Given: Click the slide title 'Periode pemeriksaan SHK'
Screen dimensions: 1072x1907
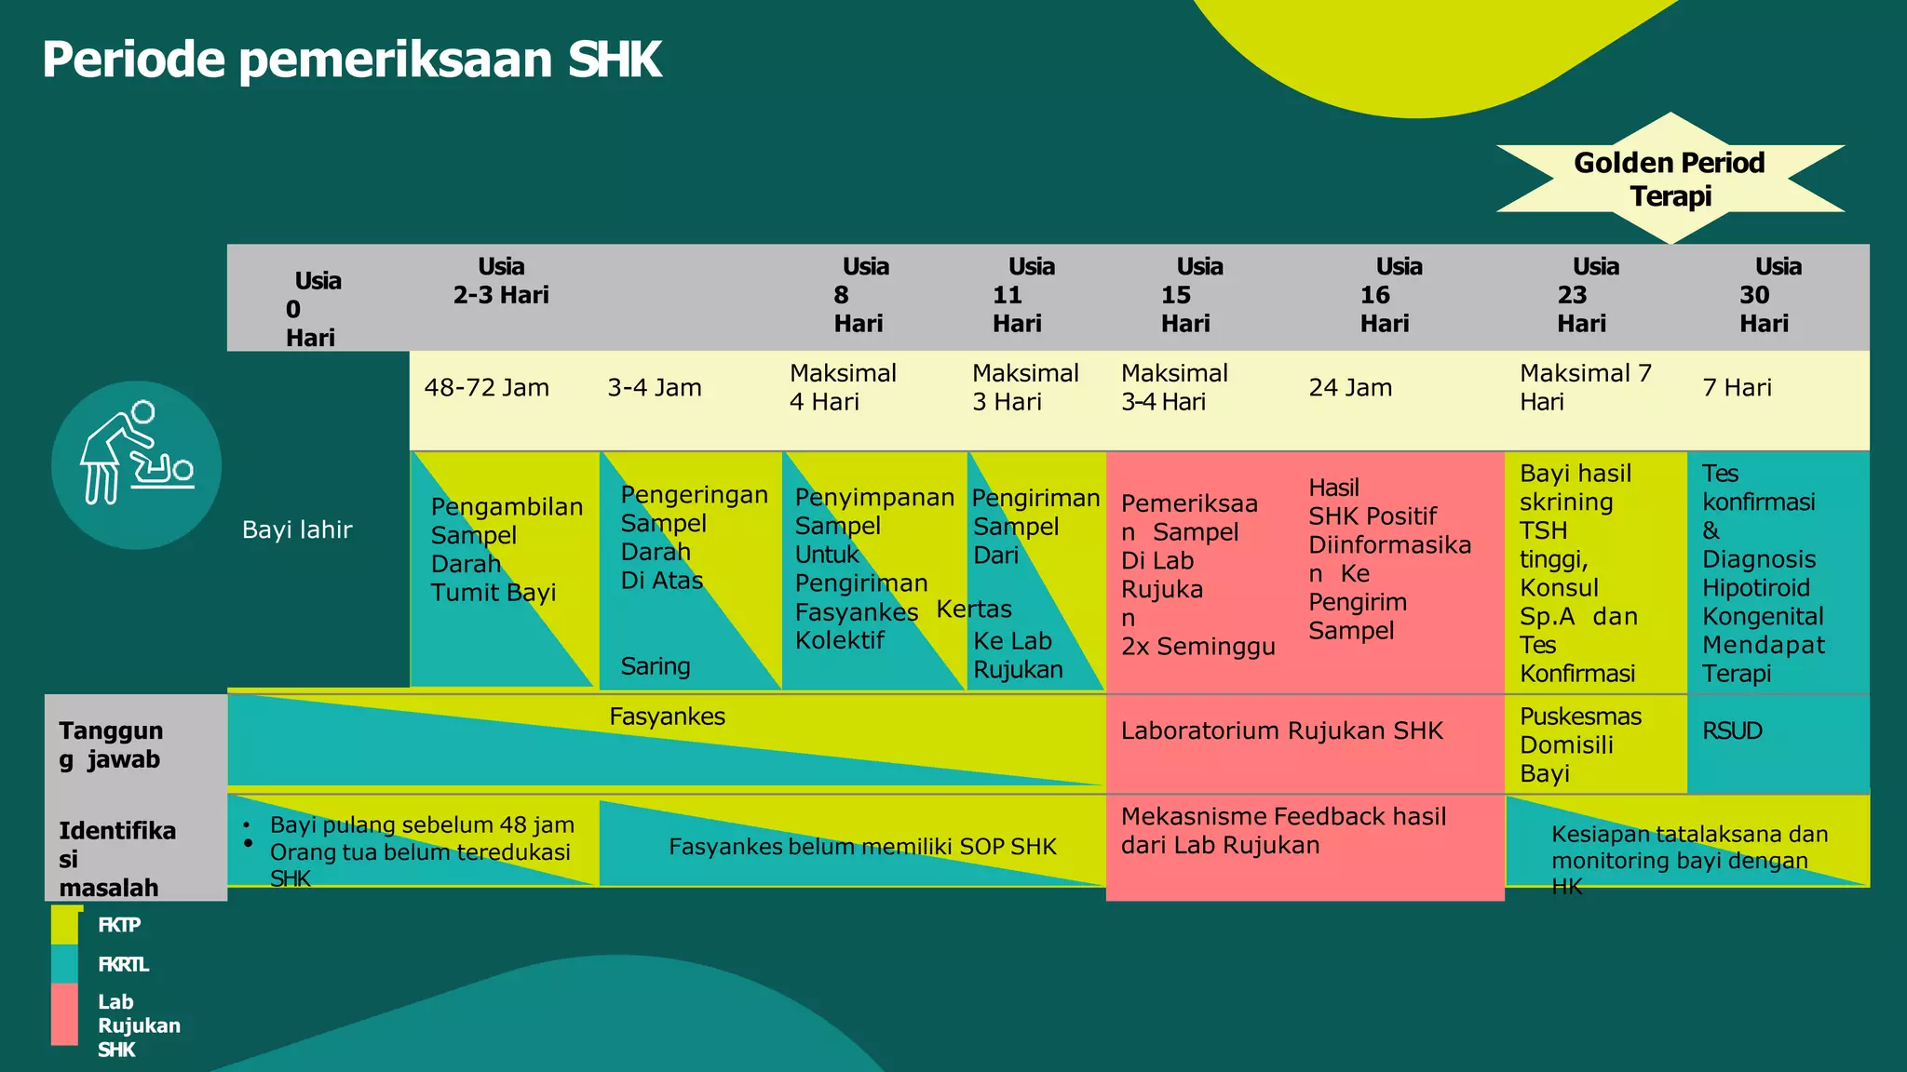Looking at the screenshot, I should (351, 60).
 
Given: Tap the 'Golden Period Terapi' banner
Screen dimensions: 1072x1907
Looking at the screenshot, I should (1670, 179).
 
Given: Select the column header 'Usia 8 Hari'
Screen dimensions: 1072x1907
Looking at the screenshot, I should (860, 295).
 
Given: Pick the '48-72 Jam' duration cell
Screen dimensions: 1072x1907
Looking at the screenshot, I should (487, 388).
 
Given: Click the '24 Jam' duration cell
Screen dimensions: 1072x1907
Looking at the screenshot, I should (1350, 388).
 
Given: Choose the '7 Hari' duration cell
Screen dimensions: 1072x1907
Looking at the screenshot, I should (1737, 388).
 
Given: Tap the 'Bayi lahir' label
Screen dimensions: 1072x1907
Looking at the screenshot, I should (297, 530).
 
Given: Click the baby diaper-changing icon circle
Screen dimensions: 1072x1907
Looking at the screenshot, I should (137, 465).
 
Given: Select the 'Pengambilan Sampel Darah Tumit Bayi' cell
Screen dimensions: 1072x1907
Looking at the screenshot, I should (506, 550).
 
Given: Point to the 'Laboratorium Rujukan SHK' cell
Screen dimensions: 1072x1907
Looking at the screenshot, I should (1281, 731).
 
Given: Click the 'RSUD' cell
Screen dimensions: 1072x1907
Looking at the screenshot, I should (1733, 731).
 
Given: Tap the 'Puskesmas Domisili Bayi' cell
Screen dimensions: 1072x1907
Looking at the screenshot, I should (1580, 744).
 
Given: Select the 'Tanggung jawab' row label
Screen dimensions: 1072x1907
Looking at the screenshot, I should (111, 744).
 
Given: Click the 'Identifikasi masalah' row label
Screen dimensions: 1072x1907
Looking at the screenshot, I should (116, 858).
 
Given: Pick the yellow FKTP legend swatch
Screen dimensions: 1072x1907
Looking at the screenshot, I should (65, 925).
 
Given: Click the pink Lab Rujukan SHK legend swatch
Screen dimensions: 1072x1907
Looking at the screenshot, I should (65, 1015).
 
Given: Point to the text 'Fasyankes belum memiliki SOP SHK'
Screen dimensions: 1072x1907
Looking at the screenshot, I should (862, 847).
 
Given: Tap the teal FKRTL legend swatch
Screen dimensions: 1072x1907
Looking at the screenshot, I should (65, 964).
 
